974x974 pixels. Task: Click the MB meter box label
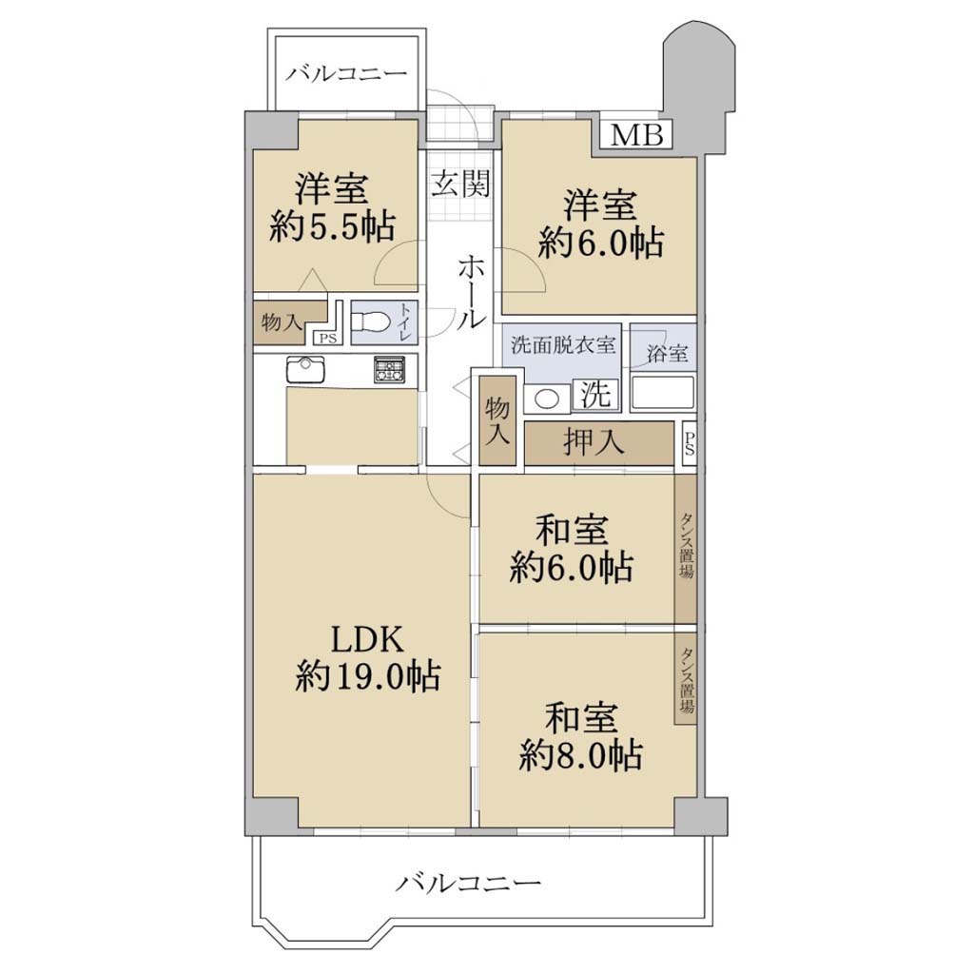pyautogui.click(x=636, y=134)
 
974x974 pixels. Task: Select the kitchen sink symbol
pyautogui.click(x=305, y=370)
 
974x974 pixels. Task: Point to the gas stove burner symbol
pyautogui.click(x=389, y=370)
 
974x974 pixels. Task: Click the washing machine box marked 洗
pyautogui.click(x=595, y=394)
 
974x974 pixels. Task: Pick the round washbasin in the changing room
pyautogui.click(x=547, y=399)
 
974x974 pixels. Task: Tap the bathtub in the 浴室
pyautogui.click(x=663, y=392)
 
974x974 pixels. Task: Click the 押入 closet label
pyautogui.click(x=594, y=442)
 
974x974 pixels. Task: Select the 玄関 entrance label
pyautogui.click(x=461, y=184)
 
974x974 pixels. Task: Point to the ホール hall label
pyautogui.click(x=470, y=292)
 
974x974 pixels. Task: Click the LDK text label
pyautogui.click(x=368, y=639)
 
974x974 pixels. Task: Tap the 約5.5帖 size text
pyautogui.click(x=333, y=226)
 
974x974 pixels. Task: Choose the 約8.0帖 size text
pyautogui.click(x=580, y=754)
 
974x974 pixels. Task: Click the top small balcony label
pyautogui.click(x=346, y=74)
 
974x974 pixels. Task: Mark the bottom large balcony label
pyautogui.click(x=468, y=882)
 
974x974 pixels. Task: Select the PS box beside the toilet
pyautogui.click(x=327, y=339)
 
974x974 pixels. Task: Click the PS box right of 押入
pyautogui.click(x=689, y=443)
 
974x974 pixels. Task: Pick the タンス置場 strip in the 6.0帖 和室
pyautogui.click(x=686, y=549)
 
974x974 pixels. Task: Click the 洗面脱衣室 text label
pyautogui.click(x=563, y=344)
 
